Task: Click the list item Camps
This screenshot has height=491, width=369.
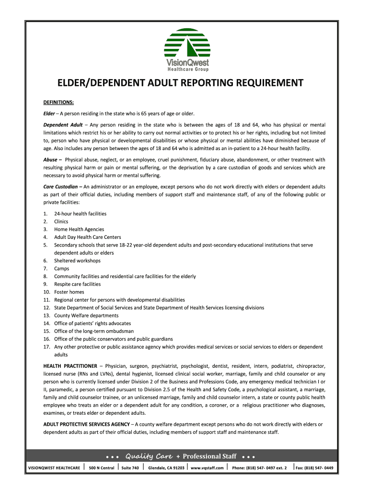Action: [x=62, y=269]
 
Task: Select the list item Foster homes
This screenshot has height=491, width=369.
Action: [x=69, y=292]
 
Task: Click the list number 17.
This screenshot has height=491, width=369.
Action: [x=46, y=347]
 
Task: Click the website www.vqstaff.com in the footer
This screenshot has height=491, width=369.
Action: [x=208, y=468]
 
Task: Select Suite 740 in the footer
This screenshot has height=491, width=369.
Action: [x=130, y=468]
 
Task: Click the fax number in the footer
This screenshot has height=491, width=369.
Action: [x=314, y=468]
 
